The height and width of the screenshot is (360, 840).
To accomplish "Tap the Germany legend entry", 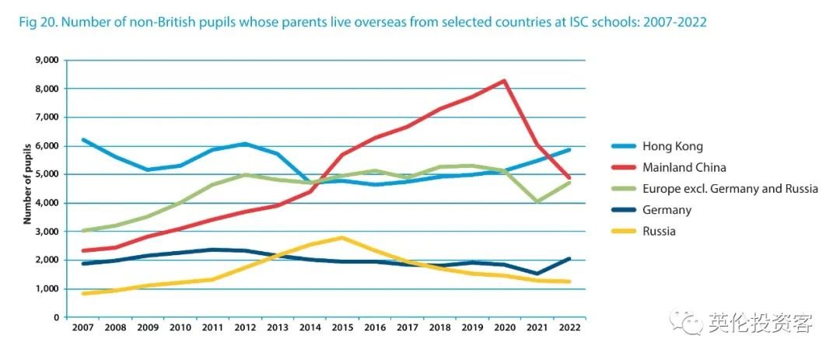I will pyautogui.click(x=667, y=210).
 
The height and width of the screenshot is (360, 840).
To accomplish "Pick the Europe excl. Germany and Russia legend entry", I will pyautogui.click(x=730, y=188).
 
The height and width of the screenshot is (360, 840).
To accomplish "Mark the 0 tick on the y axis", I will pyautogui.click(x=56, y=317).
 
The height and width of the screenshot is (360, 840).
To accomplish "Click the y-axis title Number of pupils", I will pyautogui.click(x=26, y=183).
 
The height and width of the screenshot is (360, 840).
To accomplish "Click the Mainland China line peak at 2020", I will pyautogui.click(x=505, y=81).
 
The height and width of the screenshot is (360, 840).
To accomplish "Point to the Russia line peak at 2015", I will pyautogui.click(x=342, y=237).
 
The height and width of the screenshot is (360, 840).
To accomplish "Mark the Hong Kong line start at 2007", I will pyautogui.click(x=82, y=140).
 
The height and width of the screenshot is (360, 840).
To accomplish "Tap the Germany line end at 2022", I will pyautogui.click(x=569, y=259).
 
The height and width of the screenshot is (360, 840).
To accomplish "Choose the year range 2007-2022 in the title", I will pyautogui.click(x=675, y=23).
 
